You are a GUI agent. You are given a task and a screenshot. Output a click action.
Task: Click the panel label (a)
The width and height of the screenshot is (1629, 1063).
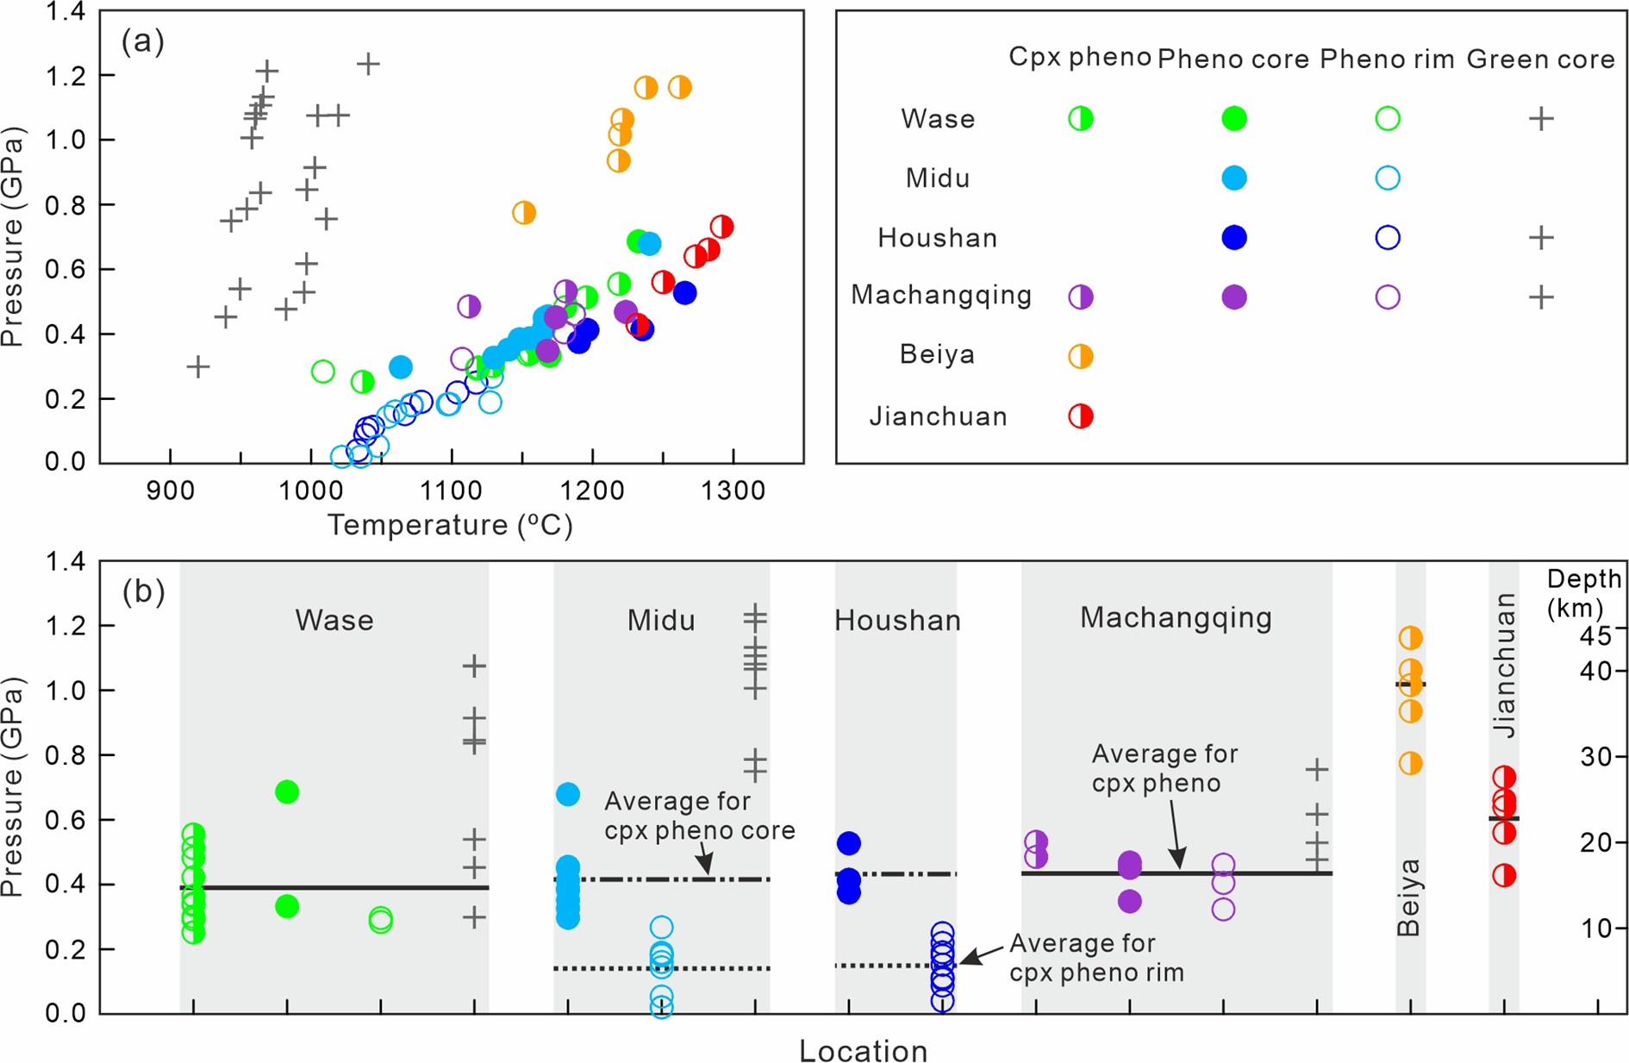coord(142,41)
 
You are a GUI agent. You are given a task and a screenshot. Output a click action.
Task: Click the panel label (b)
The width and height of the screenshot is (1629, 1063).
coord(143,591)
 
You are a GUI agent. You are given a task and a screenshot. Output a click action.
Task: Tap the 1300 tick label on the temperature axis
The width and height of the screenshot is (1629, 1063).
coord(733,491)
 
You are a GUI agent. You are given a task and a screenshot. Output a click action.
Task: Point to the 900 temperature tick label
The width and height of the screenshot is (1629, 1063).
coord(170,491)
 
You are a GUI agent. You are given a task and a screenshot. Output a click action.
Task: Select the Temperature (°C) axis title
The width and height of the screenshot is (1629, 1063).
coord(450,525)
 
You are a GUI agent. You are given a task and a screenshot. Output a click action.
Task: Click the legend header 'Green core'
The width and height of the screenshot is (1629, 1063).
coord(1540,59)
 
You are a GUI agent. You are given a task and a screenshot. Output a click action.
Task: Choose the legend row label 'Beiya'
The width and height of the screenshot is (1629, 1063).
coord(937,354)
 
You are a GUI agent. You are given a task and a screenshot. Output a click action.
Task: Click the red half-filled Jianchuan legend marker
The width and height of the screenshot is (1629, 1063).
coord(1081,416)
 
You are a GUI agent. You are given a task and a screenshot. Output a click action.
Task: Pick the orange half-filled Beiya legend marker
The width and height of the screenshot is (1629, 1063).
coord(1081,356)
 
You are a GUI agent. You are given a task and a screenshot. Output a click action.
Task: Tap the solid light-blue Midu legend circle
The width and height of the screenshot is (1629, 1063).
coord(1234,178)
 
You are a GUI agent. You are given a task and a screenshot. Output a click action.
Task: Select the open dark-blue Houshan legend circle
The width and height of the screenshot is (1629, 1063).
coord(1388,238)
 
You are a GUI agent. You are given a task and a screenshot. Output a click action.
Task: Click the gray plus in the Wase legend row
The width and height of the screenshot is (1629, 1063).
coord(1541,119)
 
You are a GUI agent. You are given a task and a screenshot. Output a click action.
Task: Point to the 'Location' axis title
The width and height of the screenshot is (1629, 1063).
coord(863,1051)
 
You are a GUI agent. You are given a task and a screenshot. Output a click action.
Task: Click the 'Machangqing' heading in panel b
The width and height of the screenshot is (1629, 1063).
coord(1176,618)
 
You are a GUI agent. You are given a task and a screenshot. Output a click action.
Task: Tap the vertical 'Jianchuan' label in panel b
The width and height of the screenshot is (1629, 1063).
coord(1504,665)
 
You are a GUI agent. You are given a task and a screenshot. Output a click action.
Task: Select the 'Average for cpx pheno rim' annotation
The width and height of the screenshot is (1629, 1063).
coord(1096,958)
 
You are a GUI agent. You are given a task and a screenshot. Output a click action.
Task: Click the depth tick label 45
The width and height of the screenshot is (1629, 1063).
coord(1594,635)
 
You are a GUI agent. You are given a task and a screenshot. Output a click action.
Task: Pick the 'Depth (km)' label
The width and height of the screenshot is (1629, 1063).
coord(1584,593)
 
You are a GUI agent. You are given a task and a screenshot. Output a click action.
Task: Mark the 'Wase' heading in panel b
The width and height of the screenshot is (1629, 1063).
coord(334,621)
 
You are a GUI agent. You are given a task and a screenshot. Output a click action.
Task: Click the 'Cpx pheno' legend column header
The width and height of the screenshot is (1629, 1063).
coord(1080,57)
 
